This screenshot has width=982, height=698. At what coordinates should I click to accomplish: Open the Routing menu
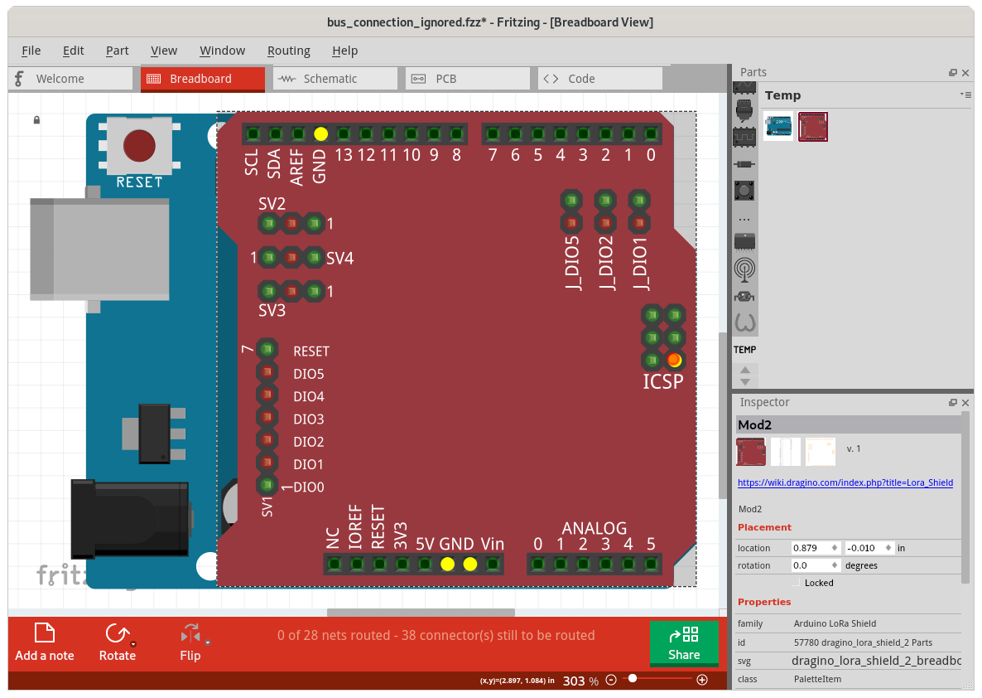click(288, 51)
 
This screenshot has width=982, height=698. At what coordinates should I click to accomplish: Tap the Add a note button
click(45, 643)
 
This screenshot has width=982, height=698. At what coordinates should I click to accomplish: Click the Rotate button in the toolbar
click(117, 643)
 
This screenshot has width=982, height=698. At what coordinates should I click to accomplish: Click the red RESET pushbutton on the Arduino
click(138, 146)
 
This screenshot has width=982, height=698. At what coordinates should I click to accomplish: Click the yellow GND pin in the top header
click(321, 133)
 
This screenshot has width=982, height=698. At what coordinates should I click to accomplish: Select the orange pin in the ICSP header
click(675, 360)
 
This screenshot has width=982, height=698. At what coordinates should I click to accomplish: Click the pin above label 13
click(344, 133)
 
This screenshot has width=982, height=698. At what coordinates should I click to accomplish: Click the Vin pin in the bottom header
click(493, 565)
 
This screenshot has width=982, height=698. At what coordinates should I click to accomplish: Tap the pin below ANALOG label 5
click(651, 565)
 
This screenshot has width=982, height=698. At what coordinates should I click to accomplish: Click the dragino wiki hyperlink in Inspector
click(845, 482)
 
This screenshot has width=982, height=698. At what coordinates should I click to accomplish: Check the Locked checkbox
click(797, 583)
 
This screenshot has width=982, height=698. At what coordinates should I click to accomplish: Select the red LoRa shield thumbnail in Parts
click(812, 127)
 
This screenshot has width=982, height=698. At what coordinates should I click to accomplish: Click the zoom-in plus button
click(702, 680)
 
